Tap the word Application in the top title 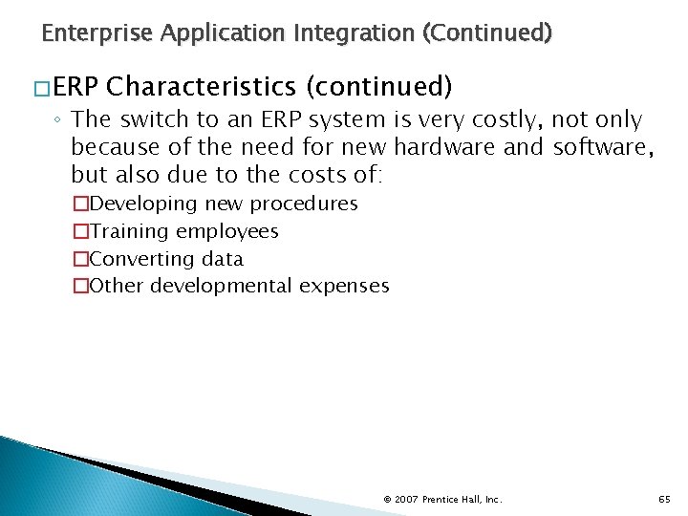(222, 34)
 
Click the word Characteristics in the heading (202, 87)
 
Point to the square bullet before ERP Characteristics (42, 88)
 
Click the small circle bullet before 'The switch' (58, 121)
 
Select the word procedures (304, 204)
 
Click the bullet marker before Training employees (80, 231)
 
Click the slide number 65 (664, 499)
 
